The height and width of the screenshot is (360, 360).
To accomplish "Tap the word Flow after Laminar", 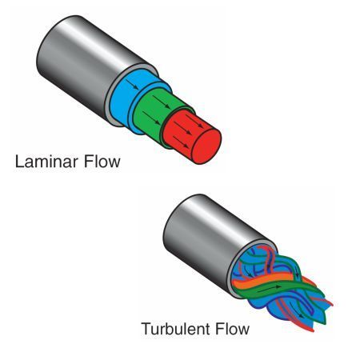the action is tap(102, 162).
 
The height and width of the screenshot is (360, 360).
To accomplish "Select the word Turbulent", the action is tap(176, 329).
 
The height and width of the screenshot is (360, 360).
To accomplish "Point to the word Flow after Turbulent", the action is tap(232, 329).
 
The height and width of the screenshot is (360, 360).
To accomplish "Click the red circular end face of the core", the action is tap(207, 146).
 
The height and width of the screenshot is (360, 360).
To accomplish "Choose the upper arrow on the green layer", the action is tap(162, 102).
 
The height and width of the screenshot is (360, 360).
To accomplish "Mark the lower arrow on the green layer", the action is tap(152, 118).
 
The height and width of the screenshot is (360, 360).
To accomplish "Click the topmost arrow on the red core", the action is tap(194, 122).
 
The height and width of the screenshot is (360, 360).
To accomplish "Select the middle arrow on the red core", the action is tap(183, 128).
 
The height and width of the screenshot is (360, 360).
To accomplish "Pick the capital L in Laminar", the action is tap(20, 162).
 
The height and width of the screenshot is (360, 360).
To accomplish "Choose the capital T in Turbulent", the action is tap(146, 329).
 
